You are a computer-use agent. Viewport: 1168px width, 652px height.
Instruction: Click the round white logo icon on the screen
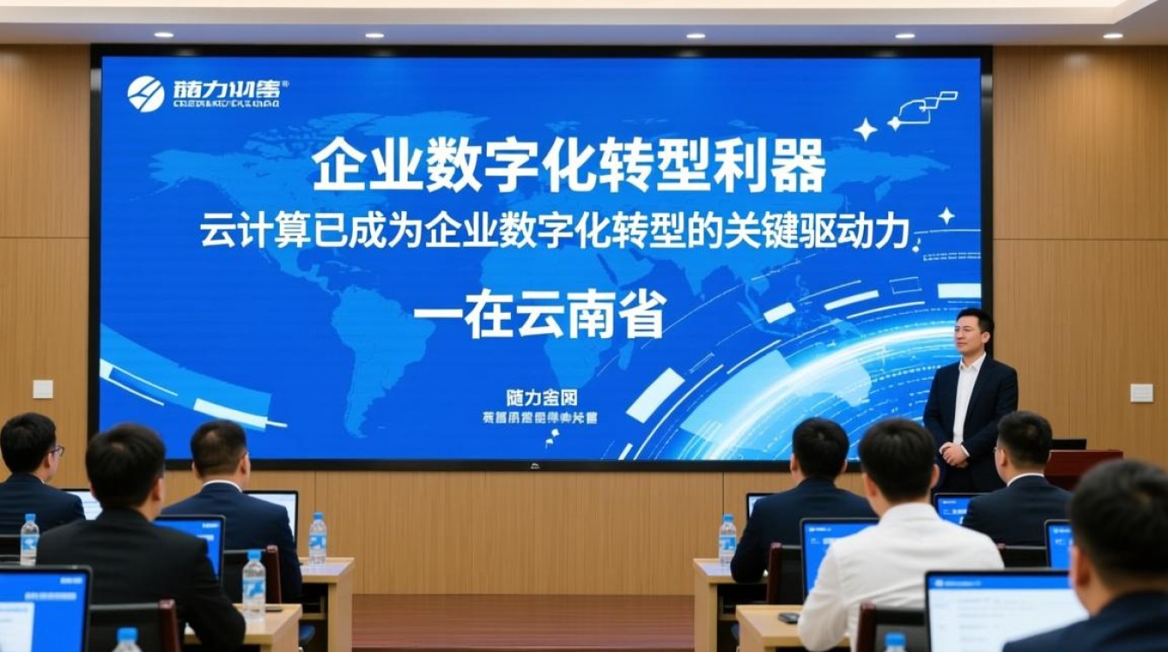(x=145, y=94)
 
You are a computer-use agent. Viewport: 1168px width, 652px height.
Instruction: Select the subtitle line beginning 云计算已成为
(x=556, y=232)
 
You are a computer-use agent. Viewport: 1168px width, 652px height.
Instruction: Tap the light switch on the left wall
(x=43, y=389)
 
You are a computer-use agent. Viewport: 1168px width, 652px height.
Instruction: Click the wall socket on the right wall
(x=1141, y=392)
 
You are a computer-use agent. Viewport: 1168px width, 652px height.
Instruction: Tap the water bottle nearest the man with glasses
(x=30, y=538)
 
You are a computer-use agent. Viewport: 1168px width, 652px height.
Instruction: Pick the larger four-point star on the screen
(x=865, y=130)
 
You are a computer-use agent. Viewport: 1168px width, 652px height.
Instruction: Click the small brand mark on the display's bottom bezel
(x=534, y=465)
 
